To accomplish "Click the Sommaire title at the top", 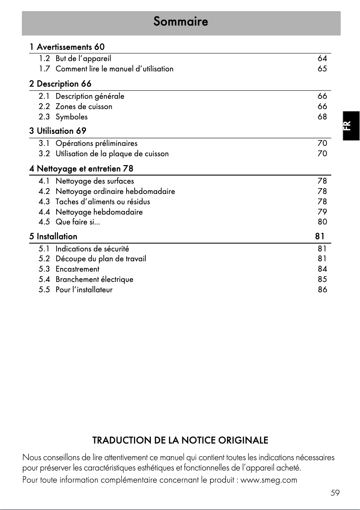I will [180, 21].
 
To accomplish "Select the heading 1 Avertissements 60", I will [67, 47].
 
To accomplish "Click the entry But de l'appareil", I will [83, 58].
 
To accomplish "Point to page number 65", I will [322, 69].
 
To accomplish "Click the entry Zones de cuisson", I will [84, 106].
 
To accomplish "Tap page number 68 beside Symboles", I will [322, 117].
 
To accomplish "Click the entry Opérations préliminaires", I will [97, 143].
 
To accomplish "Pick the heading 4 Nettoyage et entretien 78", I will [81, 169].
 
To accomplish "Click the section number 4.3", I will [44, 202].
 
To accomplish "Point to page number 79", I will [322, 212].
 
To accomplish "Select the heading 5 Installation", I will [53, 236].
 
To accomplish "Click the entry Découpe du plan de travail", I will [101, 259].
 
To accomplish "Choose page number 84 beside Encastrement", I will [322, 269].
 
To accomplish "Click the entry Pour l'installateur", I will [84, 290].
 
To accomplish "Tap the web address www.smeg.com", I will [269, 480].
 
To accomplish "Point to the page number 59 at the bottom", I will [335, 493].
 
